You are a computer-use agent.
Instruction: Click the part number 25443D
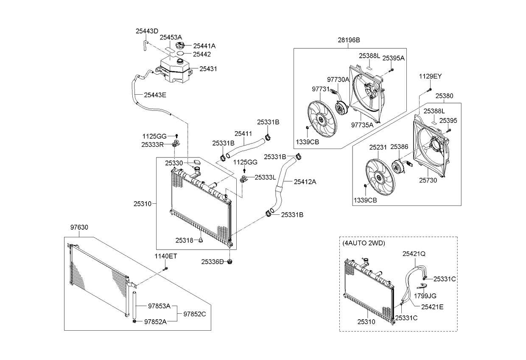click(147, 31)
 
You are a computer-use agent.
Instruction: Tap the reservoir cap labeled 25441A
click(181, 45)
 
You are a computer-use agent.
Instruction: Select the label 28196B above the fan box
click(349, 40)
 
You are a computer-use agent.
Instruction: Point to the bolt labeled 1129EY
click(429, 90)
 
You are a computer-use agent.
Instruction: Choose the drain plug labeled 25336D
click(230, 261)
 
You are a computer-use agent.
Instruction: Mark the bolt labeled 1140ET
click(166, 268)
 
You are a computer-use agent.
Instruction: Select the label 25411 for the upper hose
click(243, 133)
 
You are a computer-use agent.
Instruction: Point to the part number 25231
click(378, 147)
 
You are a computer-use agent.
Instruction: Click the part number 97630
click(79, 227)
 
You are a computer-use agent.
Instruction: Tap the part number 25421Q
click(414, 253)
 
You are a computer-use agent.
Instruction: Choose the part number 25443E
click(155, 95)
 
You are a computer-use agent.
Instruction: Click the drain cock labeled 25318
click(201, 241)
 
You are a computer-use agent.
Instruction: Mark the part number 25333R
click(153, 144)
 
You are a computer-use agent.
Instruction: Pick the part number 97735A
click(362, 125)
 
